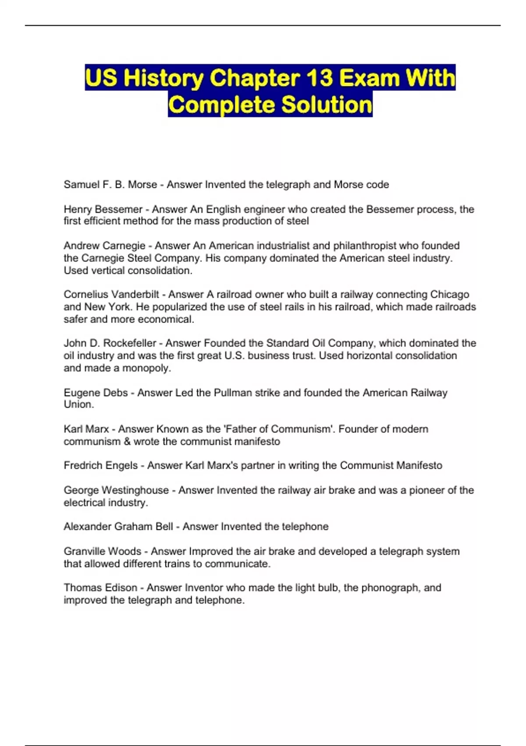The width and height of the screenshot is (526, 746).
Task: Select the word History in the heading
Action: [163, 78]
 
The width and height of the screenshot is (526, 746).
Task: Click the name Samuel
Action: [82, 185]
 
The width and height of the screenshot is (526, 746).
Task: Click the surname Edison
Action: [121, 588]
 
